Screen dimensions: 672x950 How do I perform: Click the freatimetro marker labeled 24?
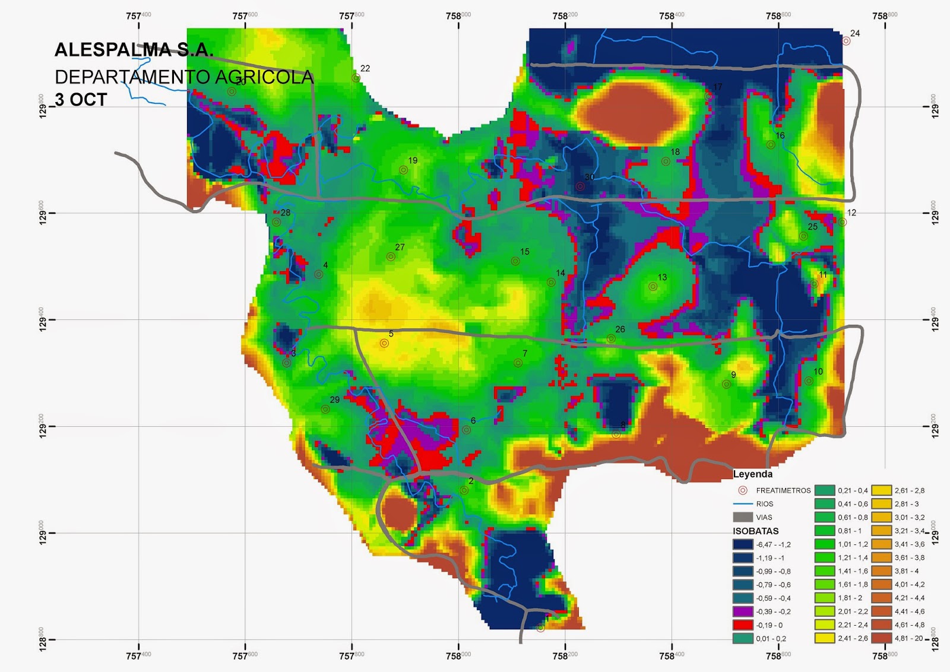pos(846,41)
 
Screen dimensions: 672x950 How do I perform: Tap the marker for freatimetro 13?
pos(653,287)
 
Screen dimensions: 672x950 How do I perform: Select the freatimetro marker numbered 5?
pos(384,343)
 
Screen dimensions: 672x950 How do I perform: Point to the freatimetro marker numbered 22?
pos(356,78)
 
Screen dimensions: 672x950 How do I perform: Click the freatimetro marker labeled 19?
pos(403,170)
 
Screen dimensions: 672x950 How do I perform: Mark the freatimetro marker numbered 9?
pos(726,384)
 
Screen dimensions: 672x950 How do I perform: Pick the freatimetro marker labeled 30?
pos(580,186)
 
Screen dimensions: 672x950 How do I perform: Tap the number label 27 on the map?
pos(400,247)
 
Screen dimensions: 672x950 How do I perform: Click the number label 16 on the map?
pos(780,135)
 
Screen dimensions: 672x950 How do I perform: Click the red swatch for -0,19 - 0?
pos(743,625)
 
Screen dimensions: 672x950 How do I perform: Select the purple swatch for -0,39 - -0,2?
pos(743,611)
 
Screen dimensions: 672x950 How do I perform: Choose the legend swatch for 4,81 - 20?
pos(882,638)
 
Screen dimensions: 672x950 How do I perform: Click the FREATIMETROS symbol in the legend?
pos(742,490)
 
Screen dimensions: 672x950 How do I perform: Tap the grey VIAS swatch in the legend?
pos(743,517)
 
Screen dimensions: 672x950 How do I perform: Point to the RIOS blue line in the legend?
pos(743,503)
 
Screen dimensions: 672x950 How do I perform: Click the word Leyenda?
pos(752,474)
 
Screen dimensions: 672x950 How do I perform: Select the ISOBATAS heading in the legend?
pos(755,531)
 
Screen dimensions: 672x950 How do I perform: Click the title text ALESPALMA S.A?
pos(134,50)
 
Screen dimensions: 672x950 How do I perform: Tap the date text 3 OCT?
pos(81,99)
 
